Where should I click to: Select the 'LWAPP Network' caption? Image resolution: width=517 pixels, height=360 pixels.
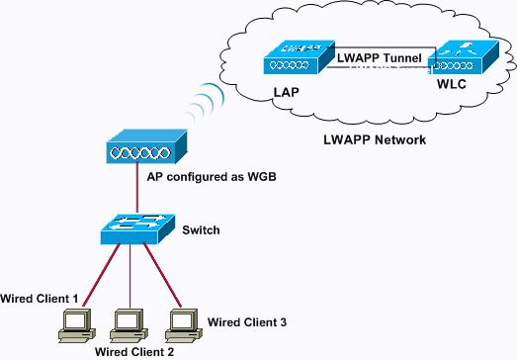(375, 139)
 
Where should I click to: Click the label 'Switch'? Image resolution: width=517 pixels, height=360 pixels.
(200, 230)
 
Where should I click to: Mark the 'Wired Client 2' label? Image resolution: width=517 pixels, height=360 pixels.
(135, 351)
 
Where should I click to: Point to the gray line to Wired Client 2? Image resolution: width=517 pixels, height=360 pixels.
(129, 277)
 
